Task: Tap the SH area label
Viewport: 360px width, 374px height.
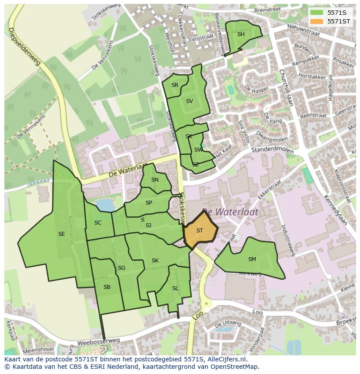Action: pos(241,34)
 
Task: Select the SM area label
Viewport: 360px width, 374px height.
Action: pos(252,259)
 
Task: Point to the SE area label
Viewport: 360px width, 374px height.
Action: pos(62,234)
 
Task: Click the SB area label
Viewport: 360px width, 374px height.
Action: pos(107,287)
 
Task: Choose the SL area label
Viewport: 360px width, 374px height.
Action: pos(175,288)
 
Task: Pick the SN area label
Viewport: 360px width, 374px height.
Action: pos(155,180)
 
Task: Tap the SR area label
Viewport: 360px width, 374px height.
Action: pos(175,85)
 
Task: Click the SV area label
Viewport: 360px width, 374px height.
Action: pos(189,101)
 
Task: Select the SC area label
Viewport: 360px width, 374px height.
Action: pos(98,223)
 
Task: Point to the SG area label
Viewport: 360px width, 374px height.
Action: pos(121,268)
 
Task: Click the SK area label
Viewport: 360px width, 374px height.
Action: pos(155,261)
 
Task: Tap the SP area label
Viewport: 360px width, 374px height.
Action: pos(149,203)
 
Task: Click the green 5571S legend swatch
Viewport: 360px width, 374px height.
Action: pos(317,13)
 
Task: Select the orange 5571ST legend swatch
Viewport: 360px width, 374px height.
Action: pos(317,21)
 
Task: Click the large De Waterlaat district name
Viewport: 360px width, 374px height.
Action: pos(230,212)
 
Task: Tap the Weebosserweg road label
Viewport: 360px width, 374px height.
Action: pos(98,341)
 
